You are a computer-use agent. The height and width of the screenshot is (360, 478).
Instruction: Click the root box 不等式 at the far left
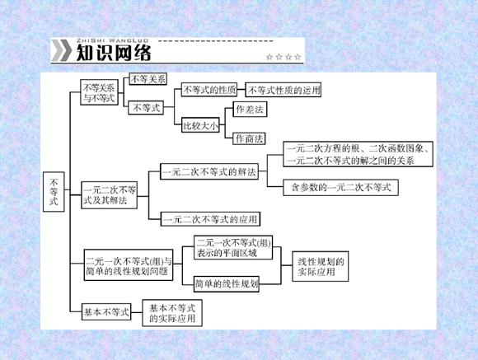pos(54,192)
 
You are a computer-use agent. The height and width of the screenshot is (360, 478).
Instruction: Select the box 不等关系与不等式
pos(99,92)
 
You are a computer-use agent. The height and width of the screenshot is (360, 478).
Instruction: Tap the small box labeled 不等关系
pos(148,79)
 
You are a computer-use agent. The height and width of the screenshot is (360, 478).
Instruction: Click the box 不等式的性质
pos(209,90)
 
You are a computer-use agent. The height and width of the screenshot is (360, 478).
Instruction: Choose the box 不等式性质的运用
pos(284,91)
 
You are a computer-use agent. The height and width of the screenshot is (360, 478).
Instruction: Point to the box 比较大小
pos(200,125)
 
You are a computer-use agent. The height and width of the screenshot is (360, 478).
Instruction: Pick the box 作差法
pos(250,109)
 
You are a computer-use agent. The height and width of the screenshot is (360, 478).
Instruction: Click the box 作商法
pos(249,138)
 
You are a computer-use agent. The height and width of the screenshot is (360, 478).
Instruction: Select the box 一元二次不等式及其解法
pos(110,195)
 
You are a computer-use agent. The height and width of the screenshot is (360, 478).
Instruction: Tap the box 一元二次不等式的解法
pos(209,171)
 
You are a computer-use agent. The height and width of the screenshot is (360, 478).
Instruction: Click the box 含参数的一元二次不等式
pos(340,188)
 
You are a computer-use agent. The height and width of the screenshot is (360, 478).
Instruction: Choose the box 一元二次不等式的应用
pos(210,219)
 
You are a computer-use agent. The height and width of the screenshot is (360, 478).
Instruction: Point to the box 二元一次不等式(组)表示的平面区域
pos(233,247)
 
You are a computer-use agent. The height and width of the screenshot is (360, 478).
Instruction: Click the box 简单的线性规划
pos(227,284)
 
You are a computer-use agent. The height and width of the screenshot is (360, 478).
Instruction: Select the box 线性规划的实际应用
pos(320,266)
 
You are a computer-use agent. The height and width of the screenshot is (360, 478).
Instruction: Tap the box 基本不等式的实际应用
pos(172,313)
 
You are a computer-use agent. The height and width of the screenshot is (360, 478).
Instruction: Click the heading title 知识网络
pos(114,53)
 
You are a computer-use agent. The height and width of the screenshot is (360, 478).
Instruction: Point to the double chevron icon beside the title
pos(62,50)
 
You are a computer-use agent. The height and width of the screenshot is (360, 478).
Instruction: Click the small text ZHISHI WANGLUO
pos(112,40)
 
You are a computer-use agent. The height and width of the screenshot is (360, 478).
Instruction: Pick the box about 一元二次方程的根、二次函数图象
pos(358,154)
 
